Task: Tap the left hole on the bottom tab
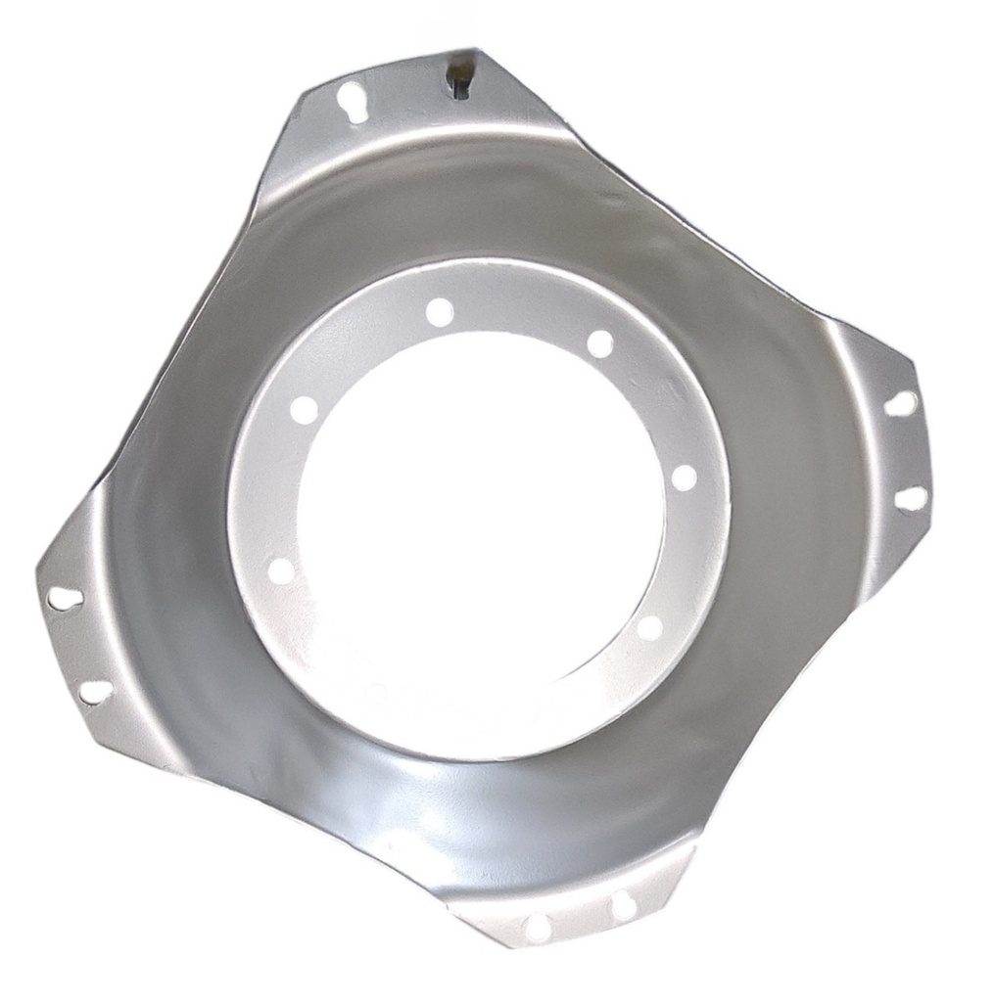536,926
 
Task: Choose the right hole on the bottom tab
623,906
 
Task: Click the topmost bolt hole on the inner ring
440,311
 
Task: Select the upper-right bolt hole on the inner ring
599,343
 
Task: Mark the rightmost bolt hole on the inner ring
684,478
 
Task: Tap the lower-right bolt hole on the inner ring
648,627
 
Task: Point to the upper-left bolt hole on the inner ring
305,408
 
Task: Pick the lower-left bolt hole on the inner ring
281,571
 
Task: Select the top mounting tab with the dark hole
411,108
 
